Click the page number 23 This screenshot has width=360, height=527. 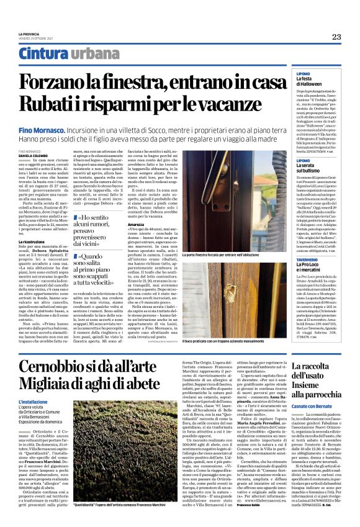[x=336, y=37]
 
